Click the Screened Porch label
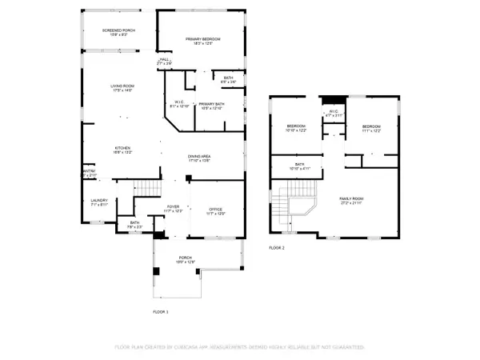pyautogui.click(x=118, y=31)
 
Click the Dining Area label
pyautogui.click(x=199, y=158)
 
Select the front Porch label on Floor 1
pyautogui.click(x=186, y=259)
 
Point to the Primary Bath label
pyautogui.click(x=212, y=106)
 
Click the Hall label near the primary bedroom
pyautogui.click(x=165, y=60)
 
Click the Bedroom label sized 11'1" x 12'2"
pyautogui.click(x=371, y=128)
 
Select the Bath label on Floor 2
pyautogui.click(x=298, y=166)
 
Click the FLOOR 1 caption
pyautogui.click(x=162, y=310)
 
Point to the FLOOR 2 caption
pyautogui.click(x=277, y=248)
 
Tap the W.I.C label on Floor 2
pyautogui.click(x=333, y=113)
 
